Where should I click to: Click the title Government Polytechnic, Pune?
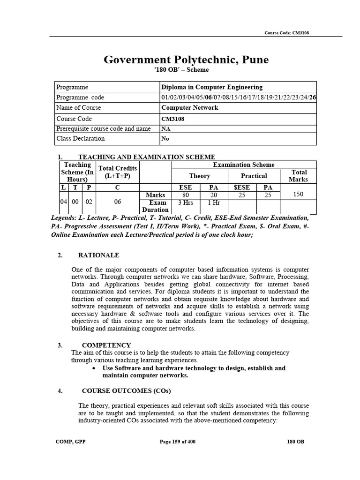186,60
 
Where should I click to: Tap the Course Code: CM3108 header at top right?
286,33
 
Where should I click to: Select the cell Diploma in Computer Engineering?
211,87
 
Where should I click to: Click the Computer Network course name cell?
189,107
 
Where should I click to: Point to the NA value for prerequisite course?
166,128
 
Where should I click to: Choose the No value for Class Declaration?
165,139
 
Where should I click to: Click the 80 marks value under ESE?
186,195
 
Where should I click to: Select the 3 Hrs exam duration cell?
186,203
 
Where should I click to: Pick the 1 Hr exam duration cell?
214,203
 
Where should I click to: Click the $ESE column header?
242,187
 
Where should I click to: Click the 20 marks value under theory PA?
214,195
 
